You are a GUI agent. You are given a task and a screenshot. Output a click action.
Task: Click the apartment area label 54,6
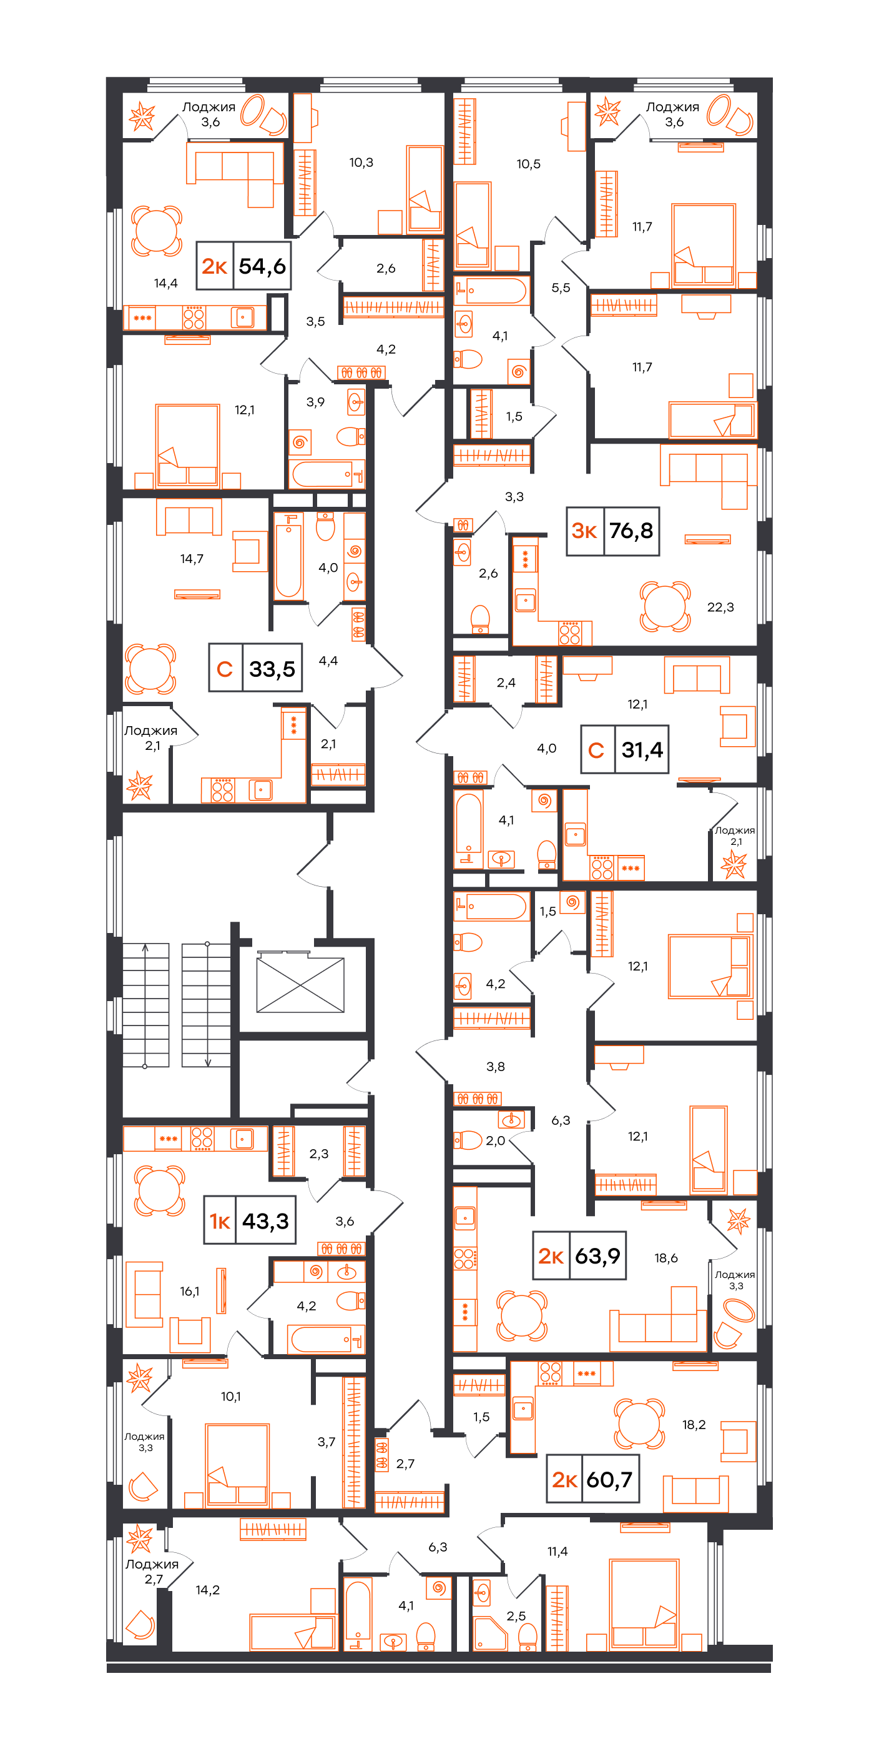click(x=262, y=266)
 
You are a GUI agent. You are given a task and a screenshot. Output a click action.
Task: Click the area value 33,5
click(x=272, y=669)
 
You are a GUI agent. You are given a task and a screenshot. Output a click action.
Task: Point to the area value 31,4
click(x=642, y=750)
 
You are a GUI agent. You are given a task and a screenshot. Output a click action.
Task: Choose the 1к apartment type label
click(x=219, y=1222)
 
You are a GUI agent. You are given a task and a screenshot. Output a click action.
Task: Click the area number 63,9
click(x=598, y=1255)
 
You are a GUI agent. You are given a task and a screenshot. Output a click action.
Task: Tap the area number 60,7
click(x=609, y=1480)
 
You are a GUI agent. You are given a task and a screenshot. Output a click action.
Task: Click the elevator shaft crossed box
click(x=300, y=985)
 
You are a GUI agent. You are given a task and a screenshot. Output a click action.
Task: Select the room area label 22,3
click(x=720, y=607)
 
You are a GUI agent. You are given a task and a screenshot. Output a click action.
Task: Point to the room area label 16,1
click(x=190, y=1291)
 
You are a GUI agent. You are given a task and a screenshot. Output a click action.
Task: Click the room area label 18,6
click(x=665, y=1258)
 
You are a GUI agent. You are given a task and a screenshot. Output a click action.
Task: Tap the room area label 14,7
click(x=192, y=559)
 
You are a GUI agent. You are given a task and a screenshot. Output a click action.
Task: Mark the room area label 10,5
click(x=529, y=164)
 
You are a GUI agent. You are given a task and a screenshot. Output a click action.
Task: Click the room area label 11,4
click(x=557, y=1551)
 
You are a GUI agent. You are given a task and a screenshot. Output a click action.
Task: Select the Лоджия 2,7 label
click(x=152, y=1572)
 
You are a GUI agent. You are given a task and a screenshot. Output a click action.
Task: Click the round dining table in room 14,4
click(x=156, y=231)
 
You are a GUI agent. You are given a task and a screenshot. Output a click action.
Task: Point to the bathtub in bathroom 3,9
click(x=326, y=474)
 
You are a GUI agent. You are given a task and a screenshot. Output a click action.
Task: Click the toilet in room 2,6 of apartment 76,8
click(x=480, y=619)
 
